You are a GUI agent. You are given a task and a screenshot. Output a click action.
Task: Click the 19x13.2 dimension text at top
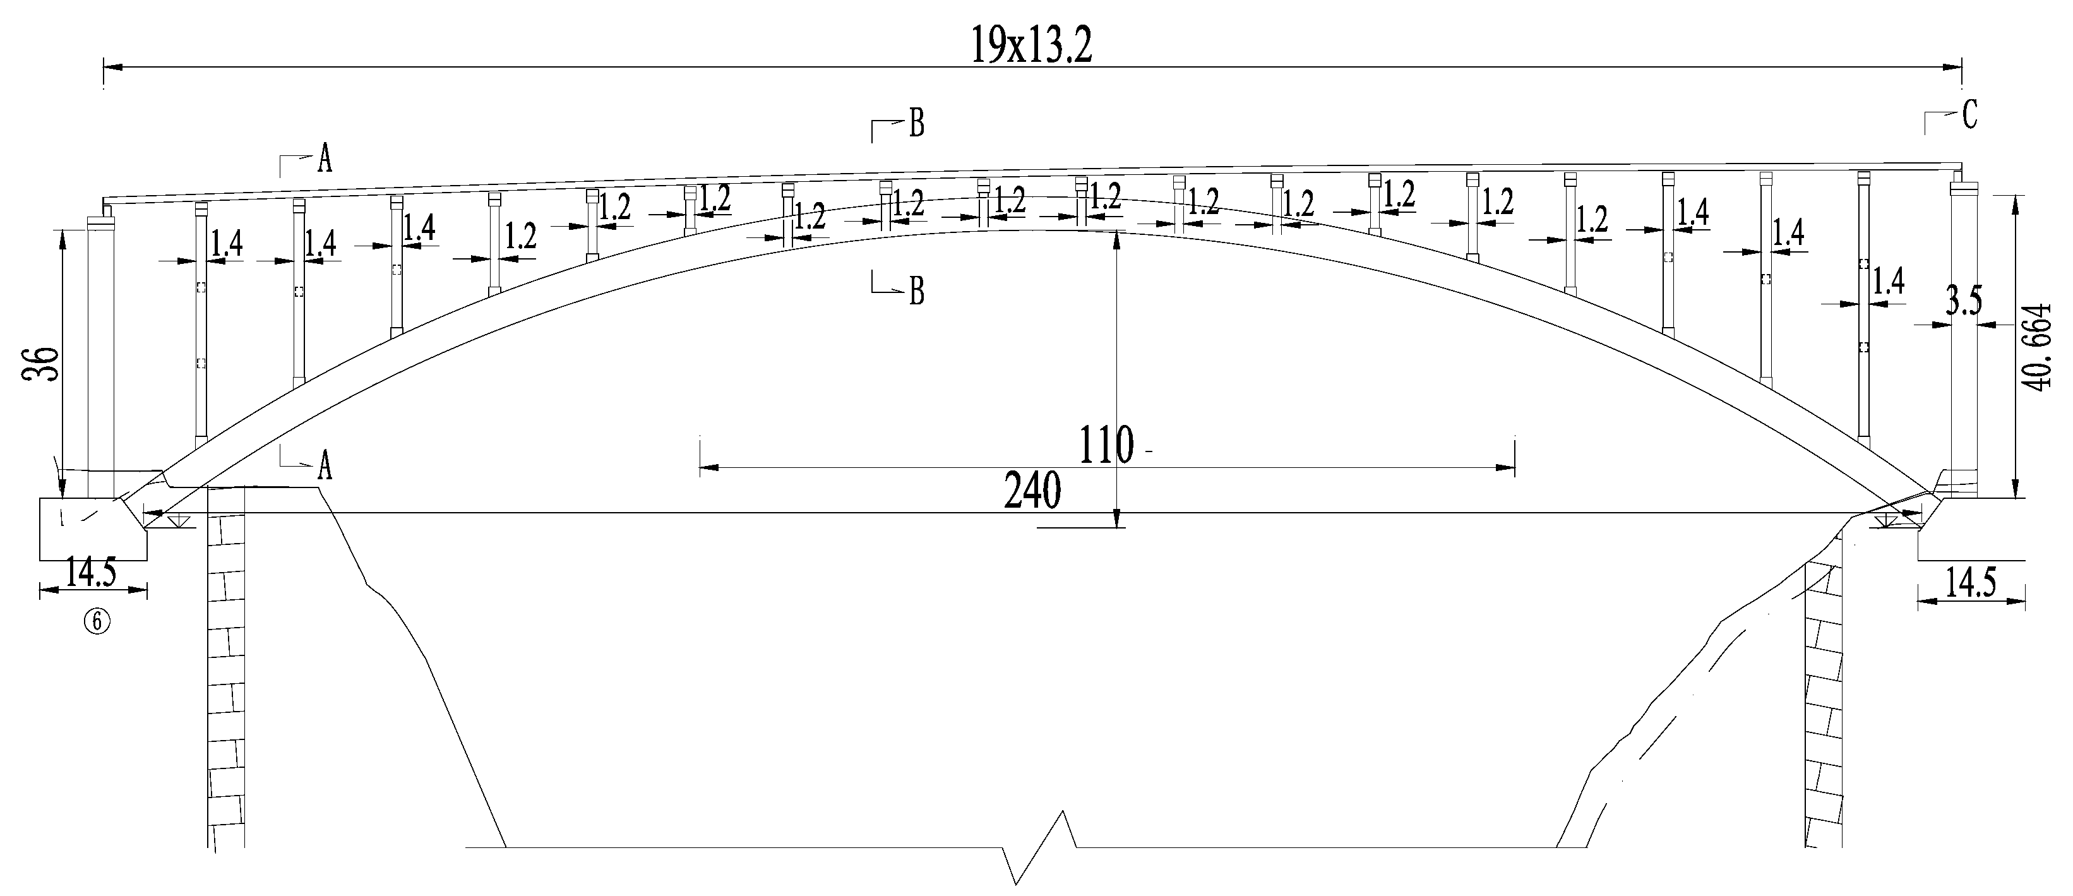pyautogui.click(x=1032, y=47)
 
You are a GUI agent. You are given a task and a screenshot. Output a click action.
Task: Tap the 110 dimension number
pyautogui.click(x=1106, y=446)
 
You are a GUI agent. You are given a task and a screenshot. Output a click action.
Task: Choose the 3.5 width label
pyautogui.click(x=1964, y=301)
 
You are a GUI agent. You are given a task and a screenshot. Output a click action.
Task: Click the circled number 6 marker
pyautogui.click(x=97, y=621)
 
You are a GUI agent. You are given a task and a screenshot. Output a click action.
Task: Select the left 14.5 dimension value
pyautogui.click(x=91, y=572)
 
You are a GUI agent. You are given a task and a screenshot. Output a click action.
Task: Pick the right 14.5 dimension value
pyautogui.click(x=1971, y=583)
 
